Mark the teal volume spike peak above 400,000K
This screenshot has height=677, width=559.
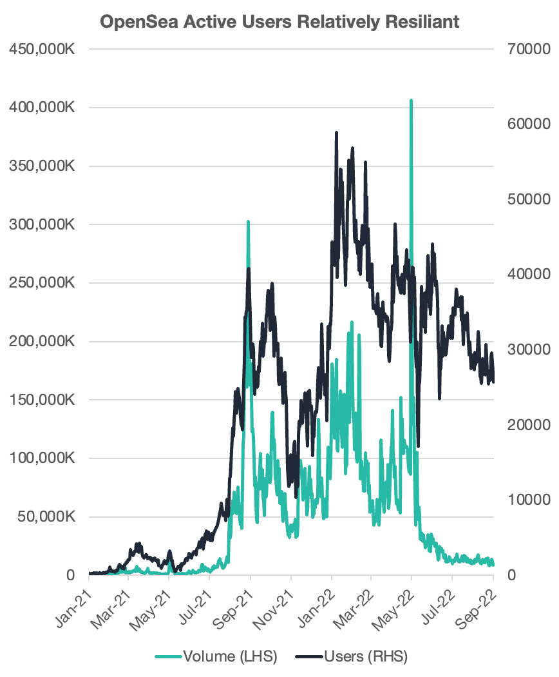coord(411,101)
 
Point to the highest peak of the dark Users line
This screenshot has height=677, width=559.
coord(336,133)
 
